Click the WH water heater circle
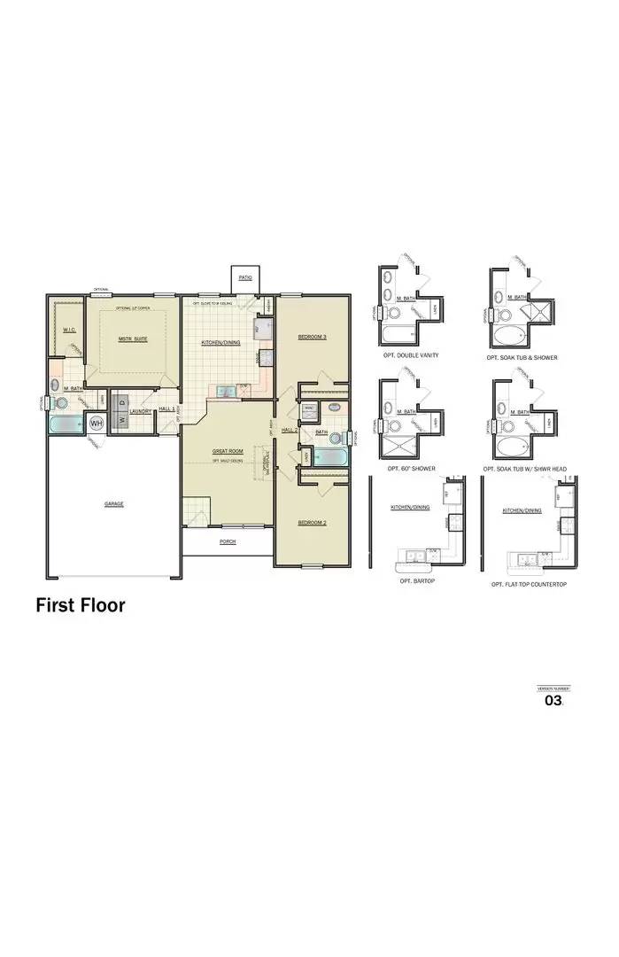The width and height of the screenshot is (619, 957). tap(96, 424)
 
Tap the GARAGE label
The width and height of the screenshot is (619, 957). tap(113, 503)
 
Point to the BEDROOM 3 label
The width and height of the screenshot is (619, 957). tap(312, 337)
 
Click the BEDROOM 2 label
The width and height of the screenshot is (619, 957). tap(312, 523)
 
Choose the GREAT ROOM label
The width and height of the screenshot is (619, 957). tap(227, 451)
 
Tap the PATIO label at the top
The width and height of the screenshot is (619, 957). tap(244, 277)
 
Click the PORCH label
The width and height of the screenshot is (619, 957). tap(228, 541)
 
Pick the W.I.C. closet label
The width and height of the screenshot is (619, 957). tap(68, 330)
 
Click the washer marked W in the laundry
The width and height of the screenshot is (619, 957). tap(117, 420)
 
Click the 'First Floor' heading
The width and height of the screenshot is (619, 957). tap(81, 605)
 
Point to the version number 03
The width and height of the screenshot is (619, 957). tap(553, 700)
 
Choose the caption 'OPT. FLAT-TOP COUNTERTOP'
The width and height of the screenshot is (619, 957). tap(529, 586)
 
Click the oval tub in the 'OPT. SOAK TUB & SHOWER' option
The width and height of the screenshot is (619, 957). tap(508, 336)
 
